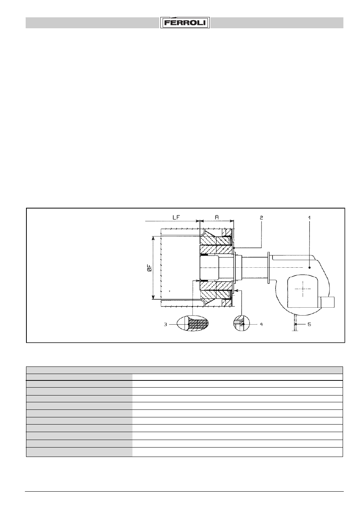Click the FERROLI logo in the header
click(x=185, y=23)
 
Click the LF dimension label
click(x=176, y=217)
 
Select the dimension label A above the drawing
click(x=217, y=217)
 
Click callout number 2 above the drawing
click(x=262, y=218)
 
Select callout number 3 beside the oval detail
click(x=166, y=325)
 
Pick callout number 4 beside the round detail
click(x=261, y=324)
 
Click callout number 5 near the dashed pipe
click(x=309, y=324)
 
